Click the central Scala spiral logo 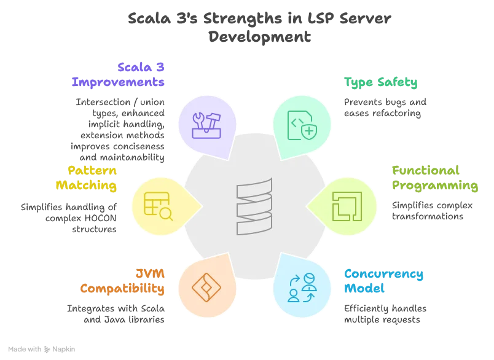254,206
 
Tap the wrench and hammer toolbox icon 206,124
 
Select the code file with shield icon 302,125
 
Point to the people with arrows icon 301,288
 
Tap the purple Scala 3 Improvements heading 120,74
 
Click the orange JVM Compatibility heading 123,280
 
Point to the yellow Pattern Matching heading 87,178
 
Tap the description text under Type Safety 385,107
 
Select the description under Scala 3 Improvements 120,131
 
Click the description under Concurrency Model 385,312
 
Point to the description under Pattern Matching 69,217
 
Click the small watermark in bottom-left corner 41,348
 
